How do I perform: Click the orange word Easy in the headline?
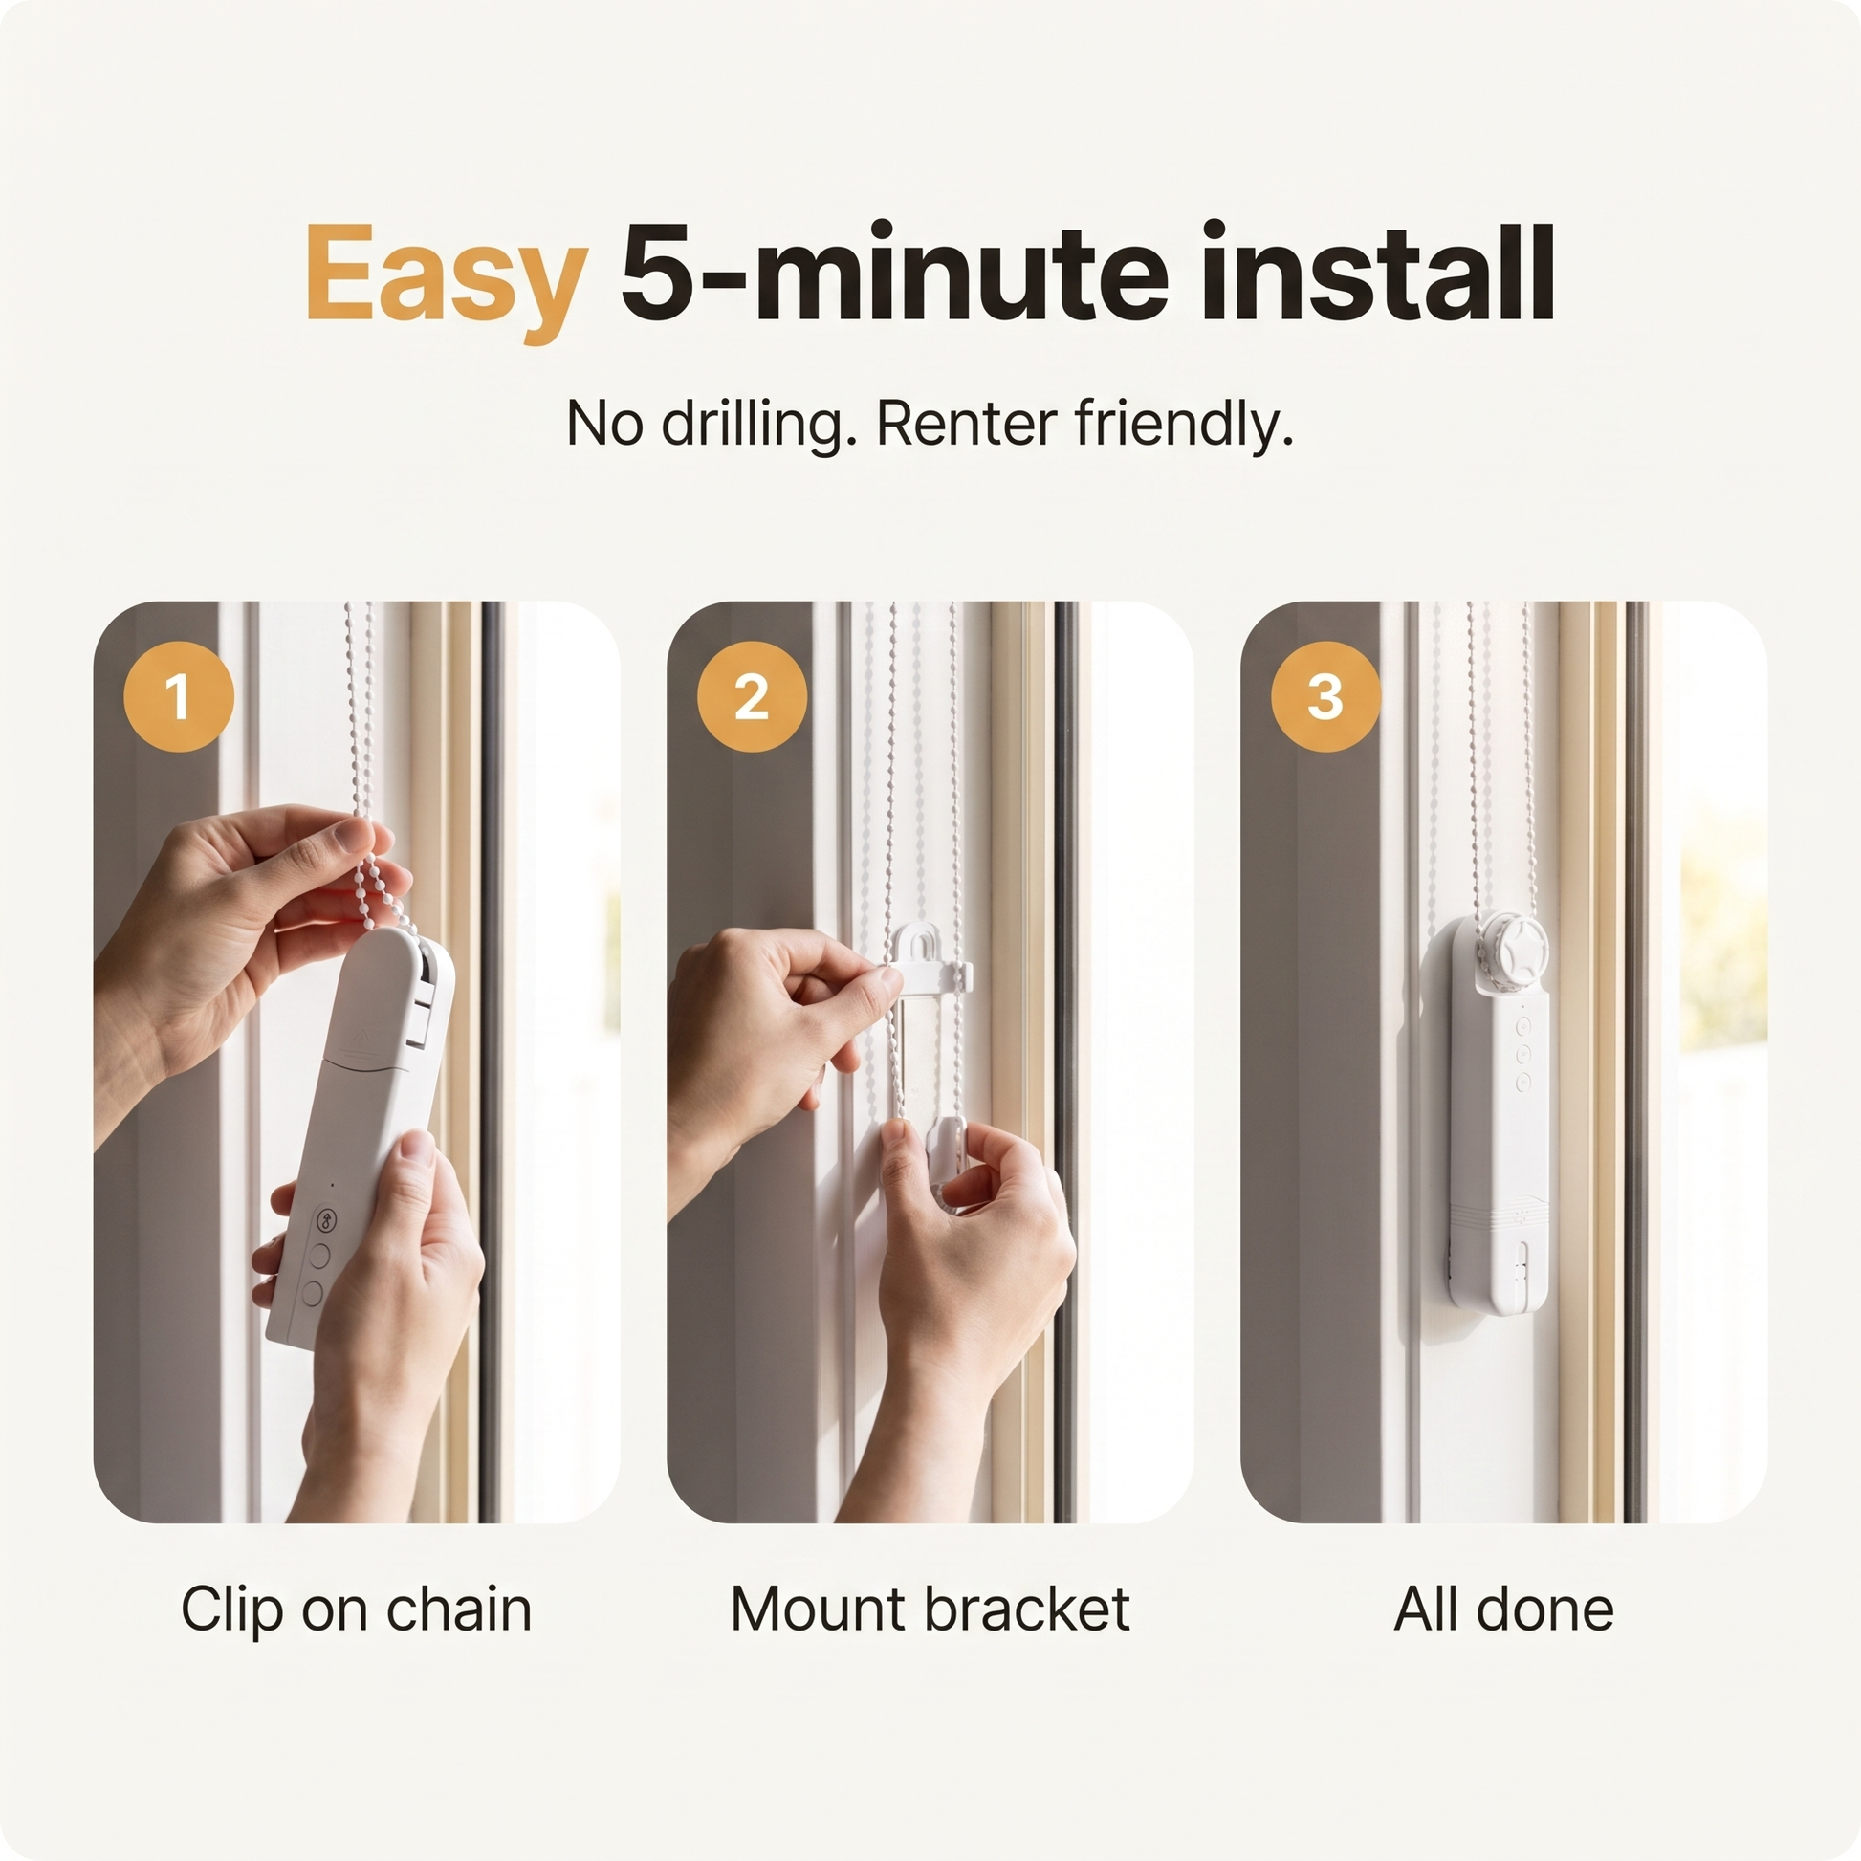coord(446,277)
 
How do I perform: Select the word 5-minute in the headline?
coord(894,273)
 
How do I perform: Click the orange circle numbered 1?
coord(178,695)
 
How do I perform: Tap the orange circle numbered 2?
coord(752,695)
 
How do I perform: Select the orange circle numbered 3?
coord(1325,695)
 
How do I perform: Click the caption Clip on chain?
coord(357,1609)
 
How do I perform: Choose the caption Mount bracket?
coord(930,1609)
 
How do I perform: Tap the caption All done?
coord(1503,1609)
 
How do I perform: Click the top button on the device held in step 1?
coord(328,1220)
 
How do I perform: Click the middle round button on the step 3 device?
coord(1522,1055)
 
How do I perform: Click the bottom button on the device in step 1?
coord(312,1293)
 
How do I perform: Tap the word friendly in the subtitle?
coord(1184,426)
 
